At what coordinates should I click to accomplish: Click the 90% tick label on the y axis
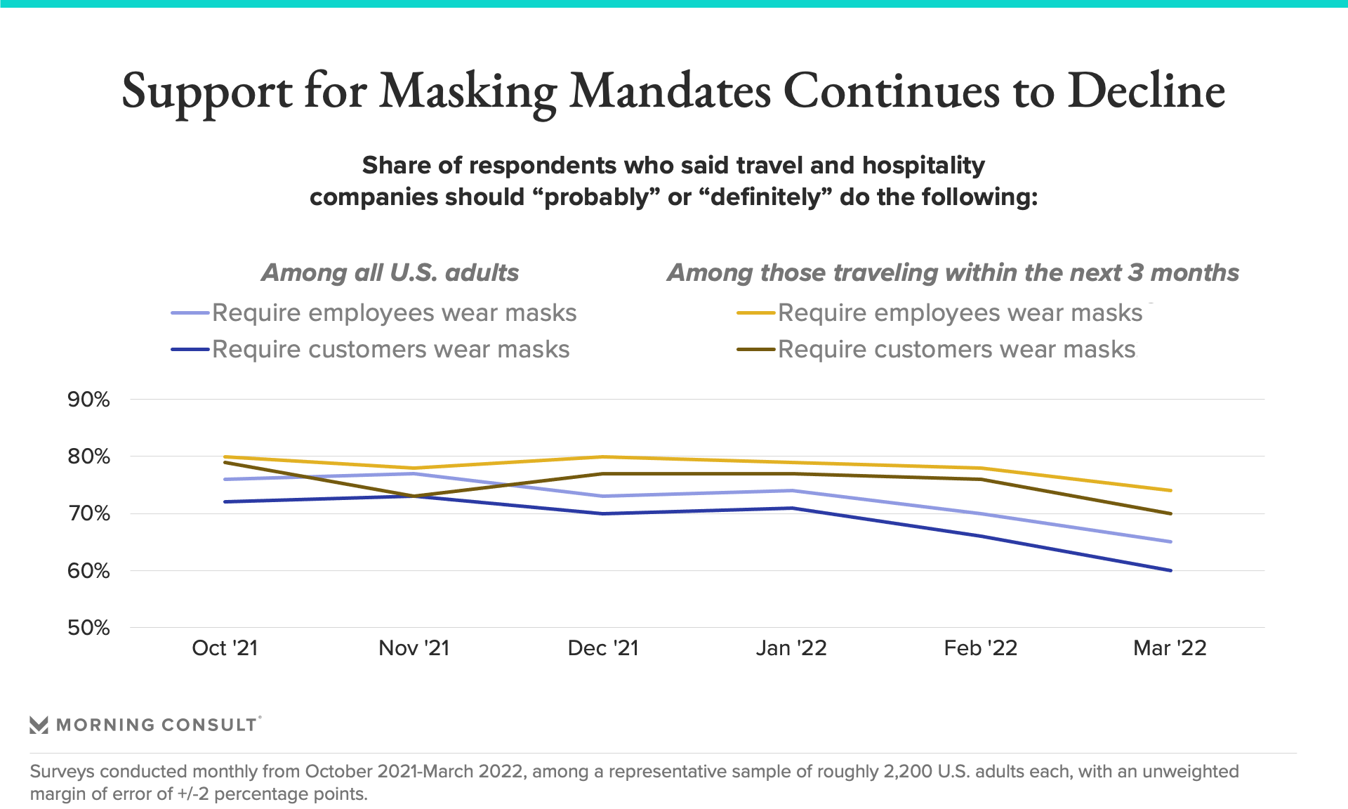pyautogui.click(x=88, y=400)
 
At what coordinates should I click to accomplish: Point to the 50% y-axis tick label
pyautogui.click(x=88, y=627)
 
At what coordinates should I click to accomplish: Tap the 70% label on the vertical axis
pyautogui.click(x=88, y=513)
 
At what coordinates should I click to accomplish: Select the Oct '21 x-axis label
pyautogui.click(x=225, y=647)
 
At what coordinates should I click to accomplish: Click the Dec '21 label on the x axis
pyautogui.click(x=603, y=647)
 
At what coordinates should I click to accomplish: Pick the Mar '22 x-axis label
pyautogui.click(x=1170, y=647)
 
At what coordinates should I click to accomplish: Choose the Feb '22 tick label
pyautogui.click(x=980, y=647)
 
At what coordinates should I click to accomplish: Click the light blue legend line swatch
pyautogui.click(x=190, y=313)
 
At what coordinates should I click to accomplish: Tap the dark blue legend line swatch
pyautogui.click(x=190, y=349)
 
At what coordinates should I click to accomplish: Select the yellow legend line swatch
pyautogui.click(x=756, y=313)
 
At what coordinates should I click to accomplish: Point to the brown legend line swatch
pyautogui.click(x=756, y=349)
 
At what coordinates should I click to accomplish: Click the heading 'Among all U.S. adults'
pyautogui.click(x=390, y=272)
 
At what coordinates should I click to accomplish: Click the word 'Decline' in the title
pyautogui.click(x=1146, y=91)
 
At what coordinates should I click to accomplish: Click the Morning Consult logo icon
pyautogui.click(x=39, y=725)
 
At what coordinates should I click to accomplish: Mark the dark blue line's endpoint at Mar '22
pyautogui.click(x=1170, y=570)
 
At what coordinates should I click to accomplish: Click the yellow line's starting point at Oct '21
pyautogui.click(x=225, y=456)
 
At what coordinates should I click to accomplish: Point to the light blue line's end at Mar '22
pyautogui.click(x=1170, y=541)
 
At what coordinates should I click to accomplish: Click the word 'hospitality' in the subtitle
pyautogui.click(x=923, y=165)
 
